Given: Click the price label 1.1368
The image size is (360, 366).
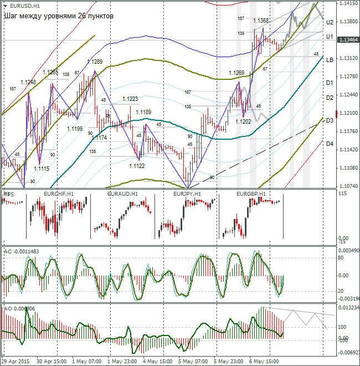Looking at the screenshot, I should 261,21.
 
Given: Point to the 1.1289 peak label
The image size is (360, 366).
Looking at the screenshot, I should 95,62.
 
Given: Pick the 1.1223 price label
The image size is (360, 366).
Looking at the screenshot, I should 130,99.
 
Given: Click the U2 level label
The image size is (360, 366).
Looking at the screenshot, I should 330,22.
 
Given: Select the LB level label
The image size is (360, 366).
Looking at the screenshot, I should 330,59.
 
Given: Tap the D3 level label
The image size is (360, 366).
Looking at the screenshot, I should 330,120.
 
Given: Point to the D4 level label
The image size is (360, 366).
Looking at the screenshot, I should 330,144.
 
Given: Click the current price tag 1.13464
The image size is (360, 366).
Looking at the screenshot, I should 349,40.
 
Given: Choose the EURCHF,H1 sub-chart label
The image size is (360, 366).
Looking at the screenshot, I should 58,194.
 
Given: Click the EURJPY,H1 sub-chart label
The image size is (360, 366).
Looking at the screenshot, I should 188,194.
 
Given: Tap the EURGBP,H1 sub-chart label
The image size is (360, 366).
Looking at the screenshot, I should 251,194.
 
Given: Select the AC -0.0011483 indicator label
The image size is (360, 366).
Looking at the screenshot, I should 22,252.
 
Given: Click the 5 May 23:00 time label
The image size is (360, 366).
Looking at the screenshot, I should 229,361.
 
